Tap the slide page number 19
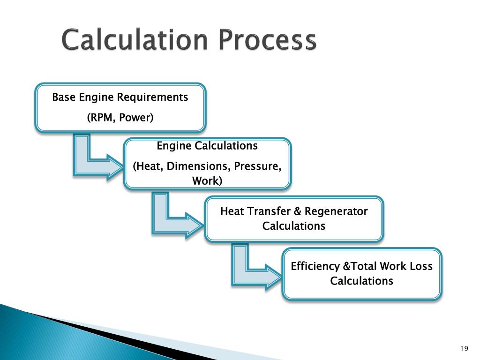point(465,348)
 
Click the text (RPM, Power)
point(120,118)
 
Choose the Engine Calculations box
point(207,164)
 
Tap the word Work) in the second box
point(207,180)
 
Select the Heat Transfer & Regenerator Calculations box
point(294,218)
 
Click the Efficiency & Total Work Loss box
point(361,273)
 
